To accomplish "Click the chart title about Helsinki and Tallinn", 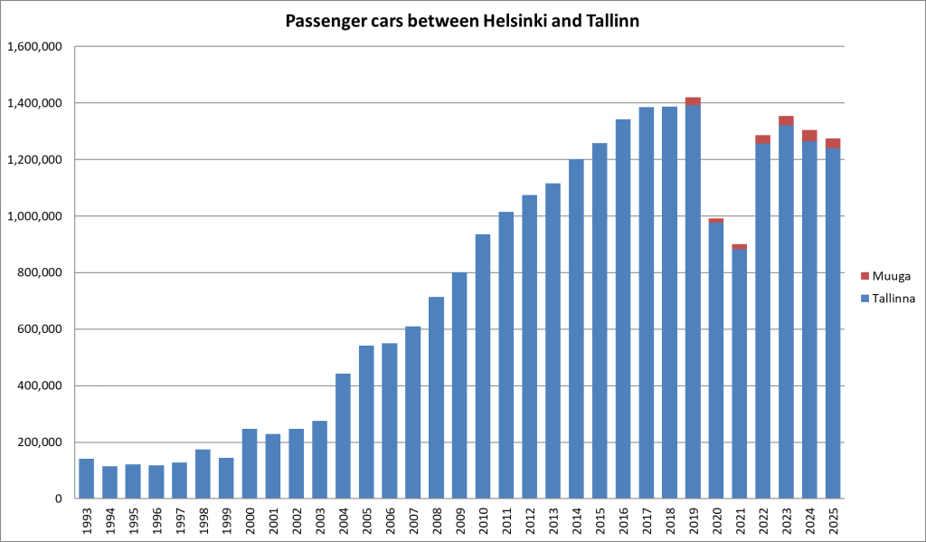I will click(462, 21).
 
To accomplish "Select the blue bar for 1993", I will click(87, 479).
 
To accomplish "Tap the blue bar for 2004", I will click(343, 436).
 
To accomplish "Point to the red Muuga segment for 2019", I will click(693, 101).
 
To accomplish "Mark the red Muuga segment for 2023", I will click(786, 120).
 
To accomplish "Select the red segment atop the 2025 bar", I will click(833, 143).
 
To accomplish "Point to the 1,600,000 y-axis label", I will click(33, 47).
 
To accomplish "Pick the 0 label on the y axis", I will click(58, 499).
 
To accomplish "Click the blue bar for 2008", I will click(436, 398).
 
